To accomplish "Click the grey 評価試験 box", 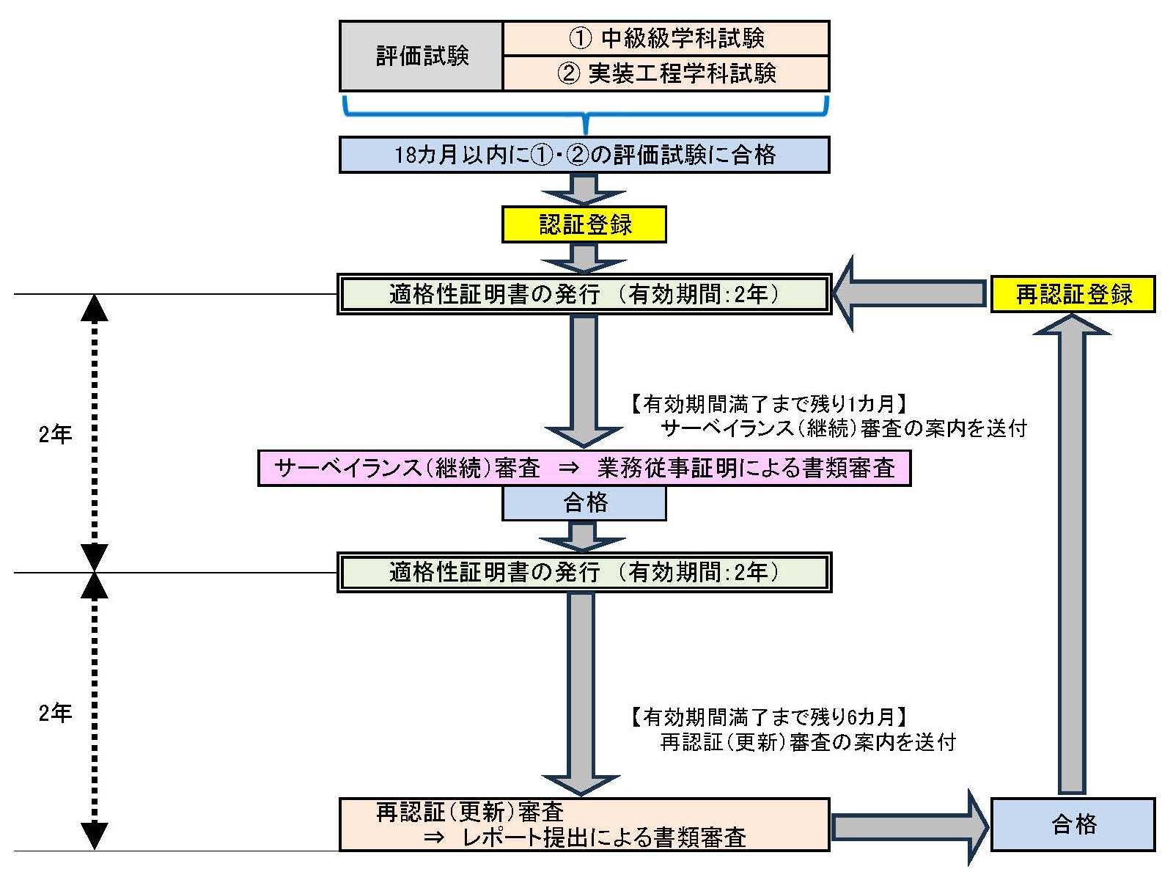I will click(422, 56).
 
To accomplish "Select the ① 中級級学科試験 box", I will click(666, 38).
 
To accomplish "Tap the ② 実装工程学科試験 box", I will click(666, 73).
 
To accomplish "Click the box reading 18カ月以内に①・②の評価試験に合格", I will click(584, 155).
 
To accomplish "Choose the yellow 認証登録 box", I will click(584, 224).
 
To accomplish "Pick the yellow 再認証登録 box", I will click(1073, 294).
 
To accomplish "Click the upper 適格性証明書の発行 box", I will click(584, 294).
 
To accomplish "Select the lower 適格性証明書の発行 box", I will click(584, 572).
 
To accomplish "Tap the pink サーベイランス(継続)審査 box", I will click(584, 468).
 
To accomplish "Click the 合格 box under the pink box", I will click(584, 503).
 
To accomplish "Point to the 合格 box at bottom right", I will click(1073, 824).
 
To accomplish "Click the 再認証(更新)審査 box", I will click(584, 824).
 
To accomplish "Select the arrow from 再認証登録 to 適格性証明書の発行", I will click(909, 294).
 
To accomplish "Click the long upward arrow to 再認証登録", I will click(1072, 557).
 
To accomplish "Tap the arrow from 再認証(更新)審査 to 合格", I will click(909, 827).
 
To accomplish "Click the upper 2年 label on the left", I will click(55, 434).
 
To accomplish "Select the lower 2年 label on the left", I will click(55, 712).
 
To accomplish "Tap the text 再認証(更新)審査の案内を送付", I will click(808, 742).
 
